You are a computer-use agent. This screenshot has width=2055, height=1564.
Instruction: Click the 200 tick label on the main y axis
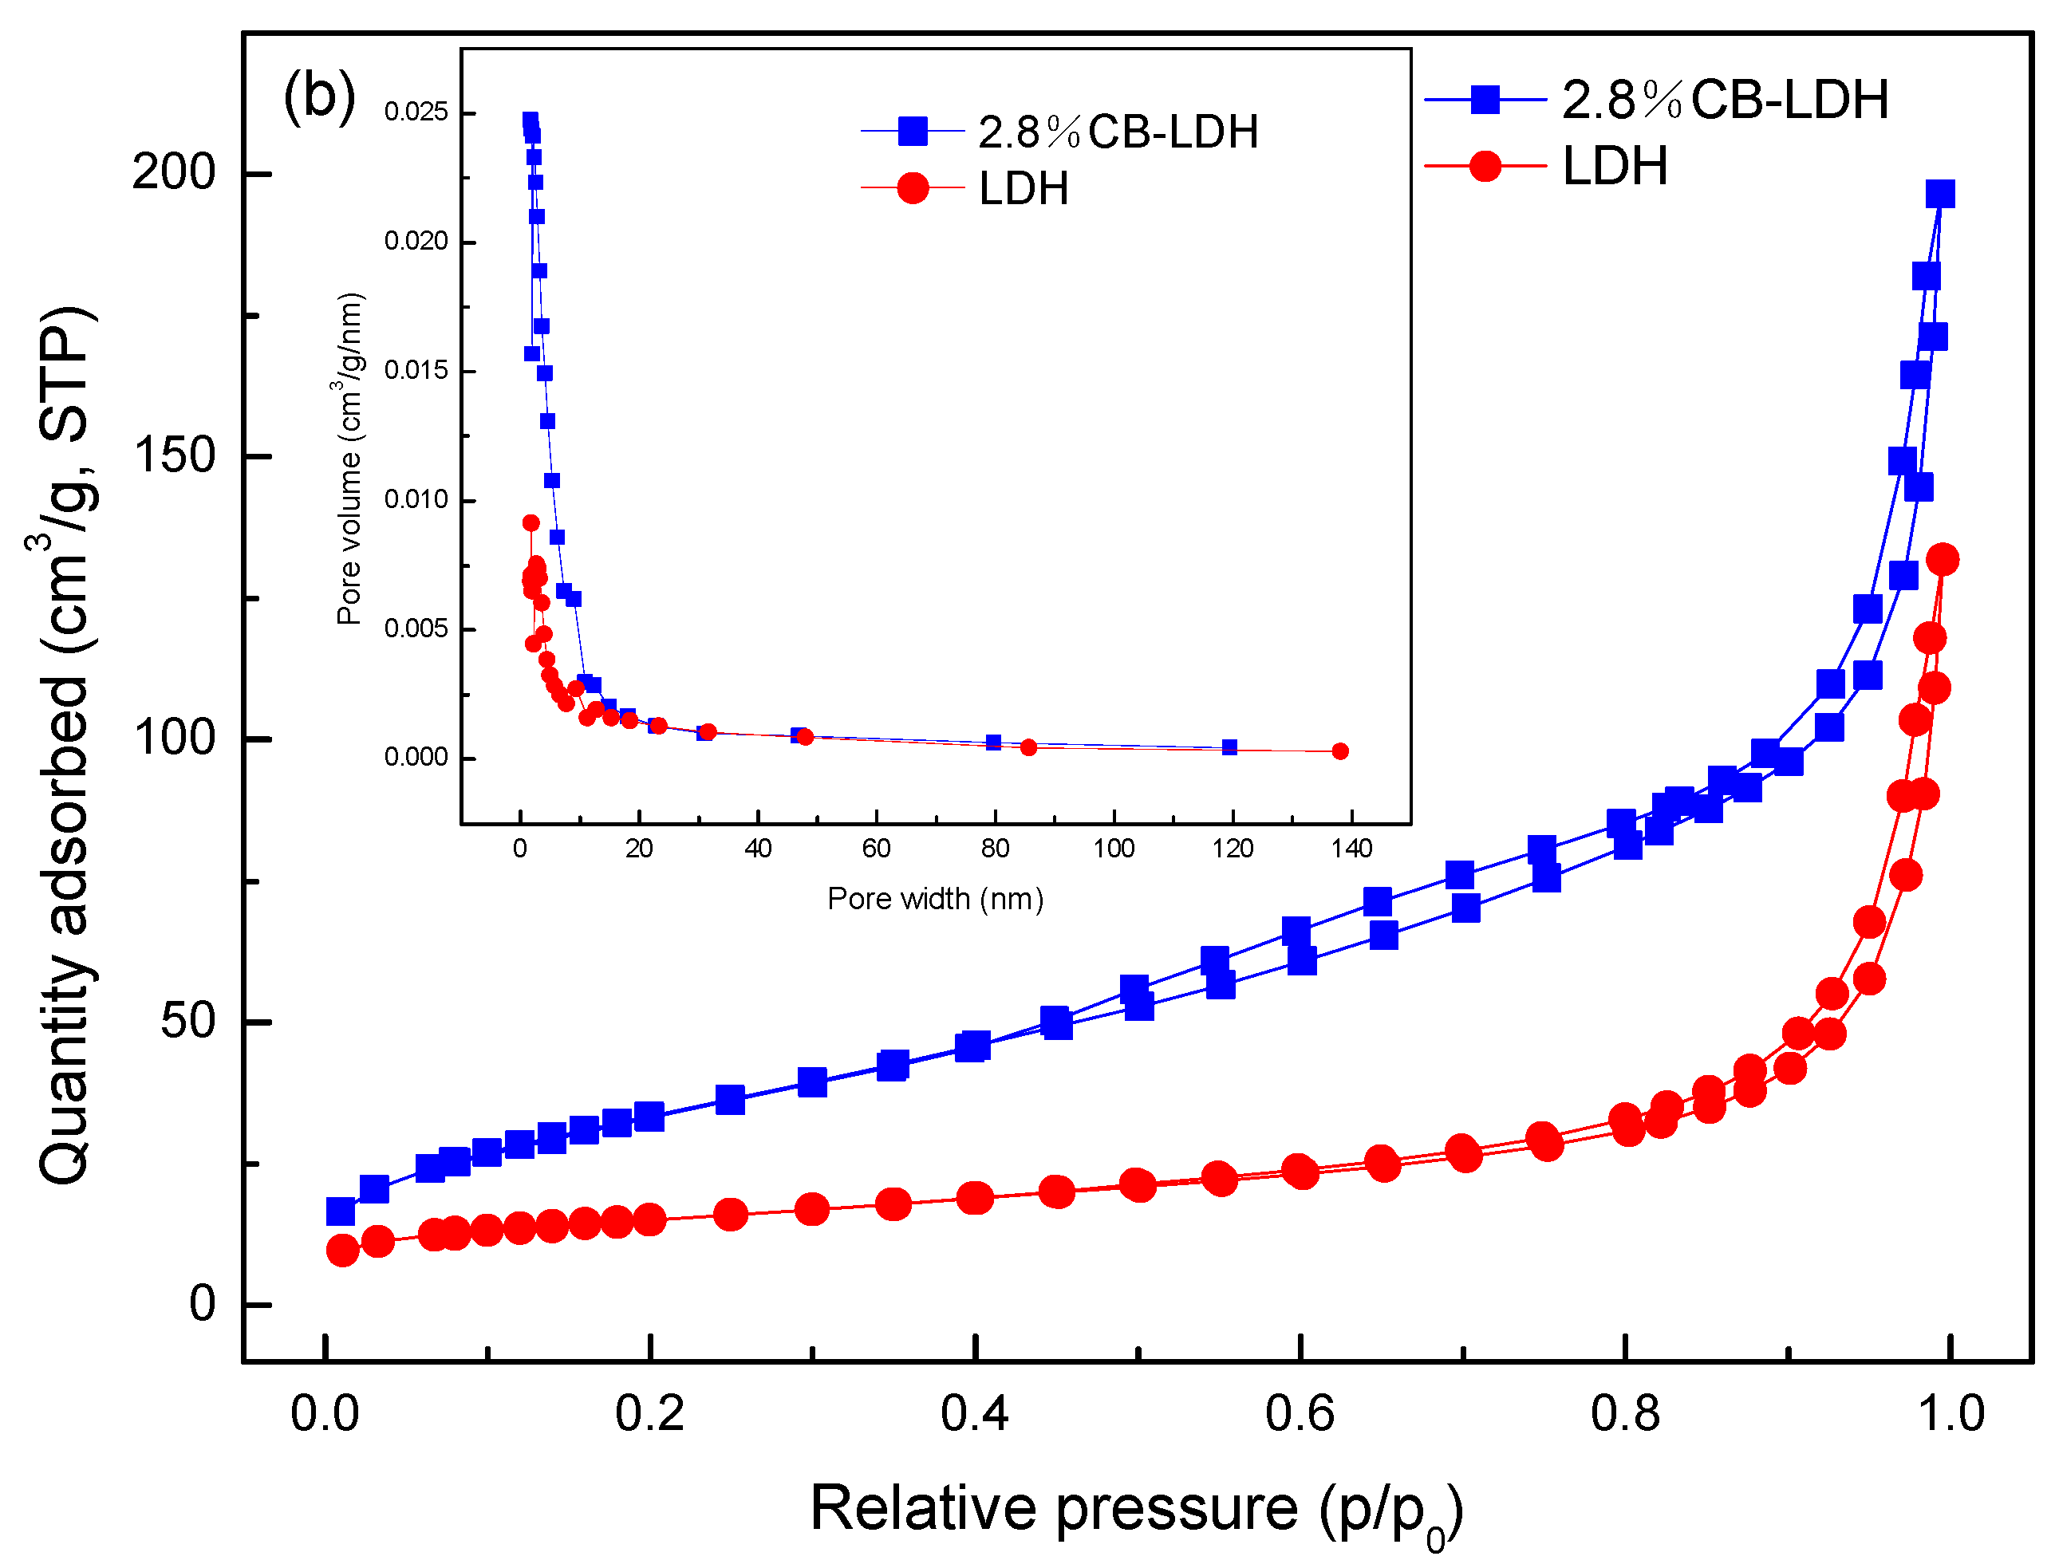coord(173,172)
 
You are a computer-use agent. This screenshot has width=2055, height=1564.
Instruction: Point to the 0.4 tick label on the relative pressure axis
coord(974,1413)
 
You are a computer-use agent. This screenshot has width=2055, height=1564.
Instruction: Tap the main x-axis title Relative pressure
coord(1052,1509)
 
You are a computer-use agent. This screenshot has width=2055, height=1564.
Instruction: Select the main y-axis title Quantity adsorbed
coord(65,745)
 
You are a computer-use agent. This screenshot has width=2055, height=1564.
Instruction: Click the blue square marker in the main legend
coord(1485,99)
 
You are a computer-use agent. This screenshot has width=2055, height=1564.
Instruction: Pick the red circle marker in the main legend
coord(1485,167)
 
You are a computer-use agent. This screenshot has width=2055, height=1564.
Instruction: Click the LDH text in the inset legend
coord(1024,189)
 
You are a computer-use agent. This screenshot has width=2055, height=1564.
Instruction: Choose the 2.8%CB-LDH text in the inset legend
coord(1118,132)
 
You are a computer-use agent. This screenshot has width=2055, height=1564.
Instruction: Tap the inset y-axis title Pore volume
coord(349,459)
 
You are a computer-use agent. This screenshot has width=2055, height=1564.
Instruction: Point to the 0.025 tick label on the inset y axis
coord(416,112)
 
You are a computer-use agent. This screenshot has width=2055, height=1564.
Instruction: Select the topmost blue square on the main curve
coord(1939,194)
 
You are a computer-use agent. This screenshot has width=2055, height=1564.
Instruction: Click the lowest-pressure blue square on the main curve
coord(341,1212)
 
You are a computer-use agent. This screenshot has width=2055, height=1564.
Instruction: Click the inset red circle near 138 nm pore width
coord(1340,751)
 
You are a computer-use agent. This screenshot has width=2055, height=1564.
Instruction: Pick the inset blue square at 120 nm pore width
coord(1229,747)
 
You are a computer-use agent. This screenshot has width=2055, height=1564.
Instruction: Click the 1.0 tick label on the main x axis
coord(1950,1413)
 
